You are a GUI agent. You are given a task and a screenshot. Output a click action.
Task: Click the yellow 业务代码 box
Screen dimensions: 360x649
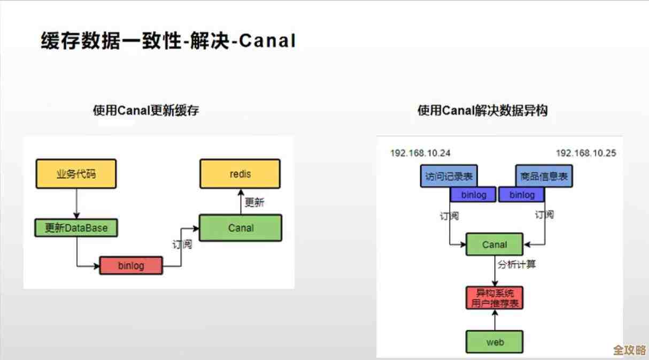pyautogui.click(x=76, y=174)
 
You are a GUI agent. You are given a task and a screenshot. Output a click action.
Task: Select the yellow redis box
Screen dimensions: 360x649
pyautogui.click(x=240, y=174)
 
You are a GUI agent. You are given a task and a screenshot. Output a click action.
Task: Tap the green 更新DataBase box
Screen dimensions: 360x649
pyautogui.click(x=76, y=228)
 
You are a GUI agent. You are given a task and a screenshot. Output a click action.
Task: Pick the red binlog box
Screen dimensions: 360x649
pyautogui.click(x=131, y=265)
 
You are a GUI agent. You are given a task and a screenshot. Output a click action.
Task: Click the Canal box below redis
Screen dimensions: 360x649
pyautogui.click(x=240, y=228)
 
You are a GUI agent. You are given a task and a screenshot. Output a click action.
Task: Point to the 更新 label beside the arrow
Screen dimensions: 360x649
pyautogui.click(x=254, y=203)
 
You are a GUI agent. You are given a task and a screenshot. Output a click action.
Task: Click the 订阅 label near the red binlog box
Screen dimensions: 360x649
pyautogui.click(x=182, y=245)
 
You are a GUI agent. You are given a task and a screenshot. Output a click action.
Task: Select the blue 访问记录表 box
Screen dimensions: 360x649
pyautogui.click(x=449, y=176)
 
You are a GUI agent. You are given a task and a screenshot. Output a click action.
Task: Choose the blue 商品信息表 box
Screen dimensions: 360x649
pyautogui.click(x=543, y=176)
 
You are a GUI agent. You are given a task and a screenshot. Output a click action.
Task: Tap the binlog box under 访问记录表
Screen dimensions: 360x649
pyautogui.click(x=473, y=195)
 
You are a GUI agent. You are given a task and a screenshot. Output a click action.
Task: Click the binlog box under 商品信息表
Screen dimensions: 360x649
pyautogui.click(x=522, y=195)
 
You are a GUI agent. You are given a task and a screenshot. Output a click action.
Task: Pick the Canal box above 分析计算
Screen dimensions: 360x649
pyautogui.click(x=494, y=244)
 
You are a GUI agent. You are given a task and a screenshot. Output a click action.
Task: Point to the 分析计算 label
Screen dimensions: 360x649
pyautogui.click(x=516, y=264)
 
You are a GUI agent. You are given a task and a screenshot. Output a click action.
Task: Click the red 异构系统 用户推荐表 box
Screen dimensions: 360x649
pyautogui.click(x=495, y=298)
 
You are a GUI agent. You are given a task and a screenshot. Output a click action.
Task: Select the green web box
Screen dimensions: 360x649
pyautogui.click(x=495, y=342)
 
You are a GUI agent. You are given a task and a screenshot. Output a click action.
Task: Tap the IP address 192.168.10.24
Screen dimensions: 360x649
pyautogui.click(x=420, y=153)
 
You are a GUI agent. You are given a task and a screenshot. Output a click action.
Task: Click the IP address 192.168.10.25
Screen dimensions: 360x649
pyautogui.click(x=585, y=153)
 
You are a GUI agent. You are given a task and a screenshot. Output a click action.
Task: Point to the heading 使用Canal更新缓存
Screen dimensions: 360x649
pyautogui.click(x=146, y=111)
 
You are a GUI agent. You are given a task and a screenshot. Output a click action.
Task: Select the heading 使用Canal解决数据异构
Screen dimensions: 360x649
pyautogui.click(x=482, y=111)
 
